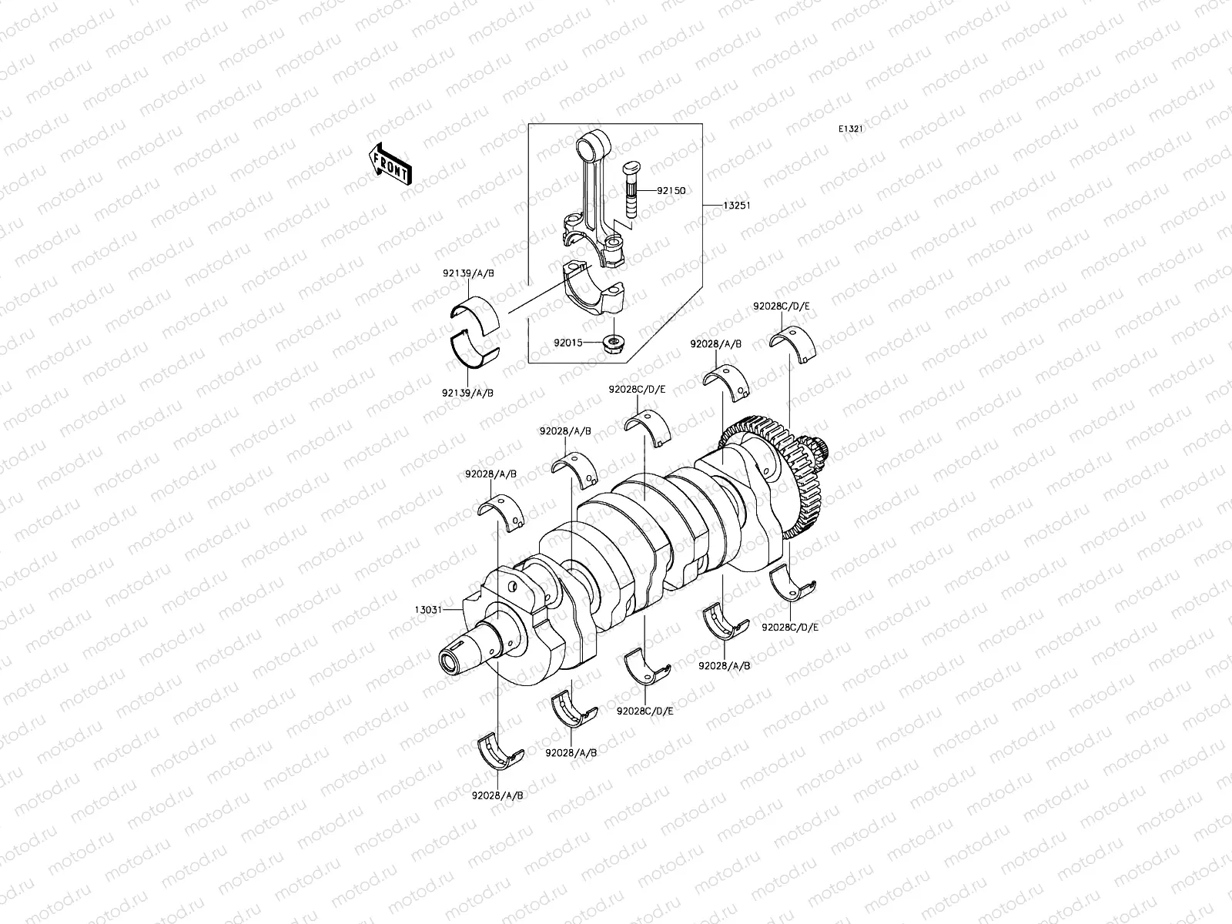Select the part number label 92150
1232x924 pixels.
(x=671, y=189)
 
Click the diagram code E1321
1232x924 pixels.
(x=851, y=129)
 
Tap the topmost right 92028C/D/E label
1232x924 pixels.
(x=782, y=306)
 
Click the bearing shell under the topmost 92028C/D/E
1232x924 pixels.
(x=798, y=342)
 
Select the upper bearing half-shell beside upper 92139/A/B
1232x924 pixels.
(x=474, y=315)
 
